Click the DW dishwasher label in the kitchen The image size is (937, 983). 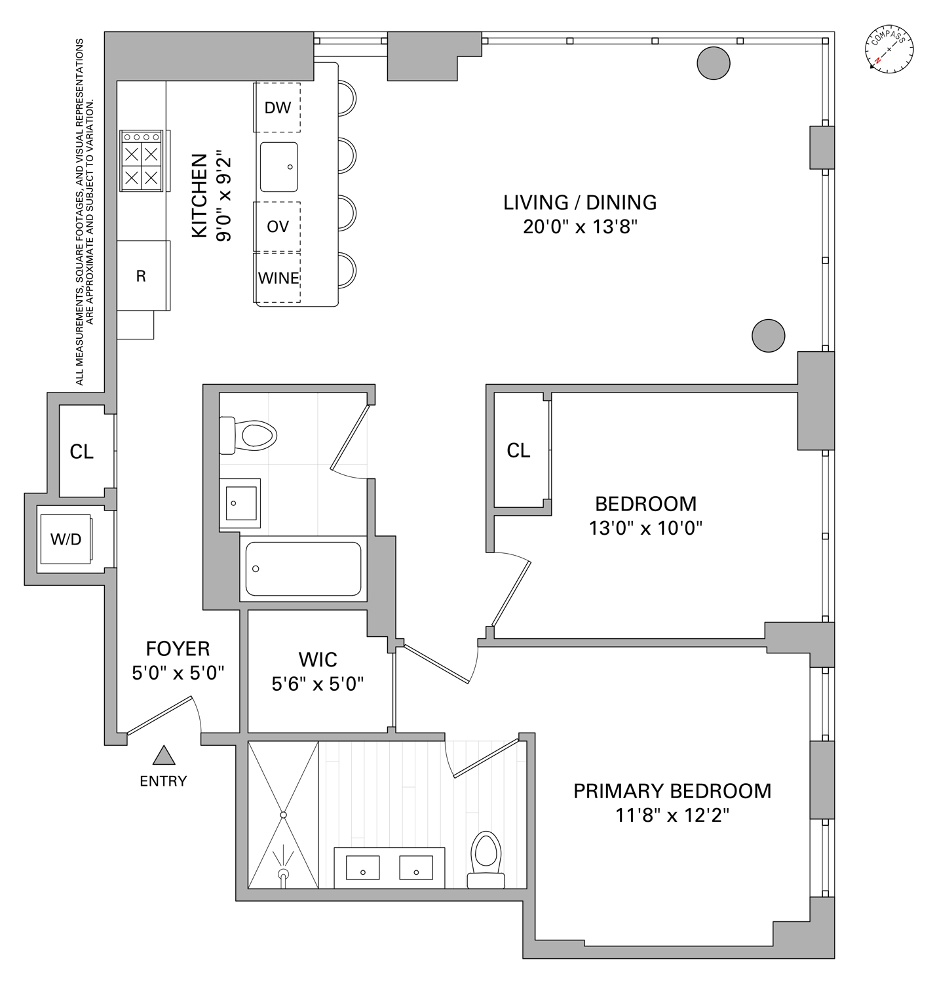click(277, 108)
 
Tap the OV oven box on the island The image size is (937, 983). click(277, 227)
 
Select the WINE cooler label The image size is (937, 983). click(278, 279)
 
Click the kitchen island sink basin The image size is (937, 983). click(278, 166)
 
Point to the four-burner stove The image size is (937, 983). click(141, 161)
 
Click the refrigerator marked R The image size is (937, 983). click(142, 277)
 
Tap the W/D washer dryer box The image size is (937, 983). click(66, 539)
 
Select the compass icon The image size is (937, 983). click(889, 50)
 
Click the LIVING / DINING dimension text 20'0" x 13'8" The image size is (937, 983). click(580, 227)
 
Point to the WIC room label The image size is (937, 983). click(318, 659)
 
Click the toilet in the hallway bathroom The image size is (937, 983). click(252, 434)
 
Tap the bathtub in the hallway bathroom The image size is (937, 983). click(303, 568)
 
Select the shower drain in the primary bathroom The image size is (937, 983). click(284, 815)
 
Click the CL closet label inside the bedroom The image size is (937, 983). click(518, 451)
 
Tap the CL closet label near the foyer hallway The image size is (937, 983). click(82, 452)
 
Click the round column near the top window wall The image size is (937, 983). click(713, 63)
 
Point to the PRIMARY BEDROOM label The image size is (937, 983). click(672, 791)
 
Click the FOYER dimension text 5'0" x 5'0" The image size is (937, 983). click(178, 673)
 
